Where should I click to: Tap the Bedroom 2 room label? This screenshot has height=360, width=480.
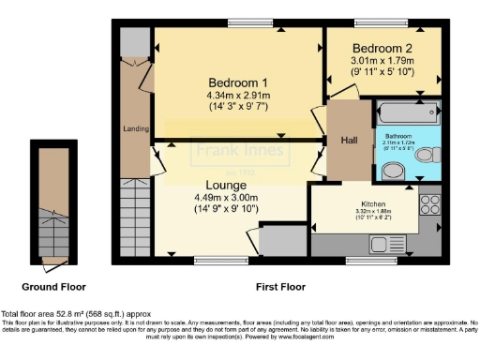382,48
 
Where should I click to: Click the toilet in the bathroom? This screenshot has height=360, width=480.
427,155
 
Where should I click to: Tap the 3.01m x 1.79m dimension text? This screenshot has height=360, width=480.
382,60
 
